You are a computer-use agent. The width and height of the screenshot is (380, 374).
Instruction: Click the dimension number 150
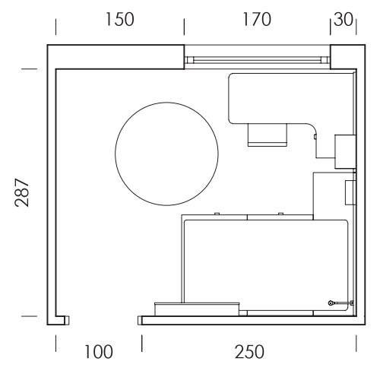pos(119,20)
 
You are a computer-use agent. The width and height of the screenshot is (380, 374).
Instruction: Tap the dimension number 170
pos(257,20)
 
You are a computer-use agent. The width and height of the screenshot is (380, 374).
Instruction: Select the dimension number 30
pos(344,20)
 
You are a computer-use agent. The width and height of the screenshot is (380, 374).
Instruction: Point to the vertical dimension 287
pos(22,193)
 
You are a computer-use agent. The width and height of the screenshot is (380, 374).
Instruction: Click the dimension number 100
pos(98,352)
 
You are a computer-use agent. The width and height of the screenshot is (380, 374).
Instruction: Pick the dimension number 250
pos(249,352)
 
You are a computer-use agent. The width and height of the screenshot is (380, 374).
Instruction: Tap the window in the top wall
pos(257,60)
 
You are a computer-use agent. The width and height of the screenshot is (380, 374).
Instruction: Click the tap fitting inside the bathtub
pos(340,303)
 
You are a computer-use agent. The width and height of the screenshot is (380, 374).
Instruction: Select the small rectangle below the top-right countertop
pos(268,135)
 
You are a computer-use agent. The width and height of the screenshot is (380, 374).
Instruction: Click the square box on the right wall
pos(345,152)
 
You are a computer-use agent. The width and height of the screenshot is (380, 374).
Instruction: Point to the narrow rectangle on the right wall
pos(350,192)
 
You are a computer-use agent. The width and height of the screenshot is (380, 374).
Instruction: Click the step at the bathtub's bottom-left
pos(197,309)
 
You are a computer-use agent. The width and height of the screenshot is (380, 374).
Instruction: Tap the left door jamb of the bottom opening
pos(67,320)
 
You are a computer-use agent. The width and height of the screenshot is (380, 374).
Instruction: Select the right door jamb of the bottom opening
pos(140,320)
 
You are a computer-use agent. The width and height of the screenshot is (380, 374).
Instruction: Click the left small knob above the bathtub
pos(217,214)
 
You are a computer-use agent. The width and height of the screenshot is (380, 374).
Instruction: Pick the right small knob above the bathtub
pos(280,214)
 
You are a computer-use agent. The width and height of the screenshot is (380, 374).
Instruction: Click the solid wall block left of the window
pos(116,57)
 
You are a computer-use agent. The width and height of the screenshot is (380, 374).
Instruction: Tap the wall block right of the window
pos(347,57)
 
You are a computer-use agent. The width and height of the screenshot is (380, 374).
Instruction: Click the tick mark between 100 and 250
pos(142,343)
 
